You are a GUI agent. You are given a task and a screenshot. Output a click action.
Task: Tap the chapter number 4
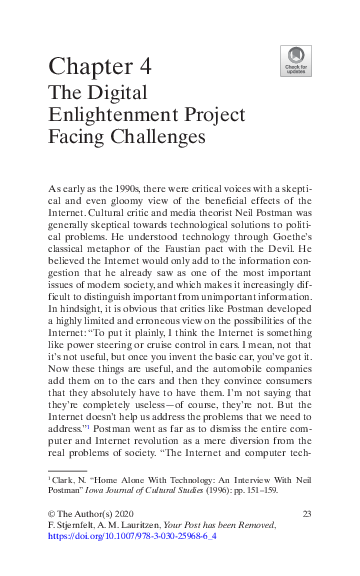(x=145, y=68)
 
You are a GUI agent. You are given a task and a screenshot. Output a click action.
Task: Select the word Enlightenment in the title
(x=105, y=117)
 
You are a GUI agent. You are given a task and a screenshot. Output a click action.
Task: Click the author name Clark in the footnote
(x=65, y=481)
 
